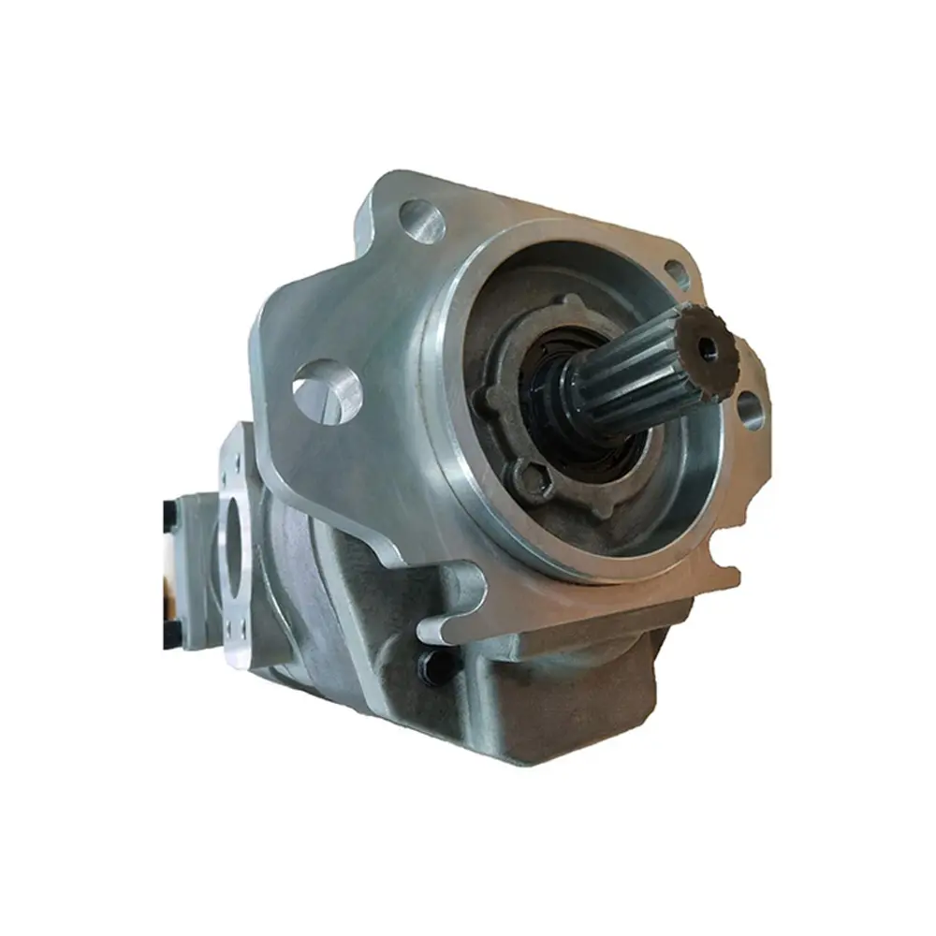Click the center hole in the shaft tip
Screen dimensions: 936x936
[x=709, y=347]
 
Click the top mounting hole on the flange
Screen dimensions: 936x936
[x=422, y=222]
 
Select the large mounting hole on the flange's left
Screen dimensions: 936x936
[x=328, y=390]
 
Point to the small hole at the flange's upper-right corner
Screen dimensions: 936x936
[x=676, y=273]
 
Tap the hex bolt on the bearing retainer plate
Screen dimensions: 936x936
[x=531, y=481]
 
